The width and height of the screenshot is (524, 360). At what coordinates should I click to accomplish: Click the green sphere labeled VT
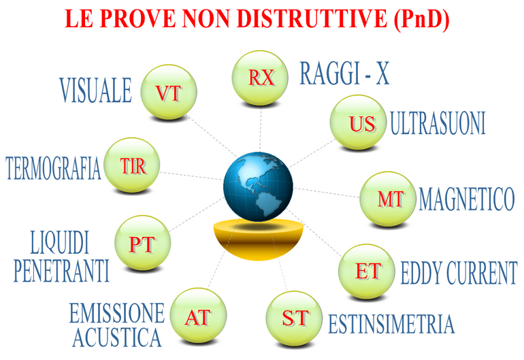coord(169,92)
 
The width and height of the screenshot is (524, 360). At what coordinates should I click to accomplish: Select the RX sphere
coord(260,78)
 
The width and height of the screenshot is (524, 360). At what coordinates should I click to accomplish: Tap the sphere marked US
coord(358,122)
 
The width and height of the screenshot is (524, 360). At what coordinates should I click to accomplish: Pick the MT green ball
coord(388,199)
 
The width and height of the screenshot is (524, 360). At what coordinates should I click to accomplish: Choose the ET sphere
coord(367,272)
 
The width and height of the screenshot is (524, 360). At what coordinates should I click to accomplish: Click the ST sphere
coord(295,318)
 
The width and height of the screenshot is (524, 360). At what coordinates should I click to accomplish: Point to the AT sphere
coord(198,316)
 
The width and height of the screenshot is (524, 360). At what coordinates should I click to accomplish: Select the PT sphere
coord(143,243)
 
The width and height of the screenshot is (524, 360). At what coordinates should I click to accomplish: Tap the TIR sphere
coord(131,165)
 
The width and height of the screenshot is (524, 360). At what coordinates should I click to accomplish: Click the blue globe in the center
coord(258,186)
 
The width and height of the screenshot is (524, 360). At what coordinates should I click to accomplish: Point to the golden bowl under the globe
coord(259,239)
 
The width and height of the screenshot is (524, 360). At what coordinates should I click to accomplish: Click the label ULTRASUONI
coord(438,123)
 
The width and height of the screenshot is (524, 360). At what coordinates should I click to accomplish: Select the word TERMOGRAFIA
coord(54,168)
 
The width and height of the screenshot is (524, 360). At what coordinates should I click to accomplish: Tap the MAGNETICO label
coord(467,199)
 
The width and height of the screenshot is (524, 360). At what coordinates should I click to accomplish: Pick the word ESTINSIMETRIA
coord(391,324)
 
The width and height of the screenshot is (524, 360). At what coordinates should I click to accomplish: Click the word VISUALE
coord(96,90)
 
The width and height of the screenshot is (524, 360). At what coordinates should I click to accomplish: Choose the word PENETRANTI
coord(62,270)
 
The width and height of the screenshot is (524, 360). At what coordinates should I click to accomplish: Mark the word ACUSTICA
coord(117,338)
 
